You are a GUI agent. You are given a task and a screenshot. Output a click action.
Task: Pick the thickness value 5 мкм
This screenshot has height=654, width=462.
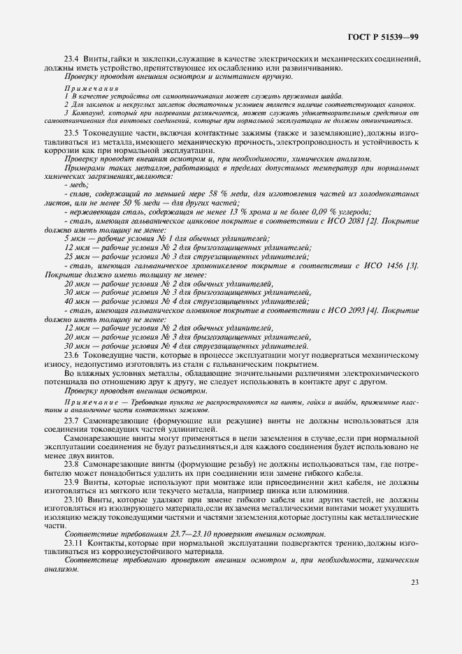pyautogui.click(x=73, y=239)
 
